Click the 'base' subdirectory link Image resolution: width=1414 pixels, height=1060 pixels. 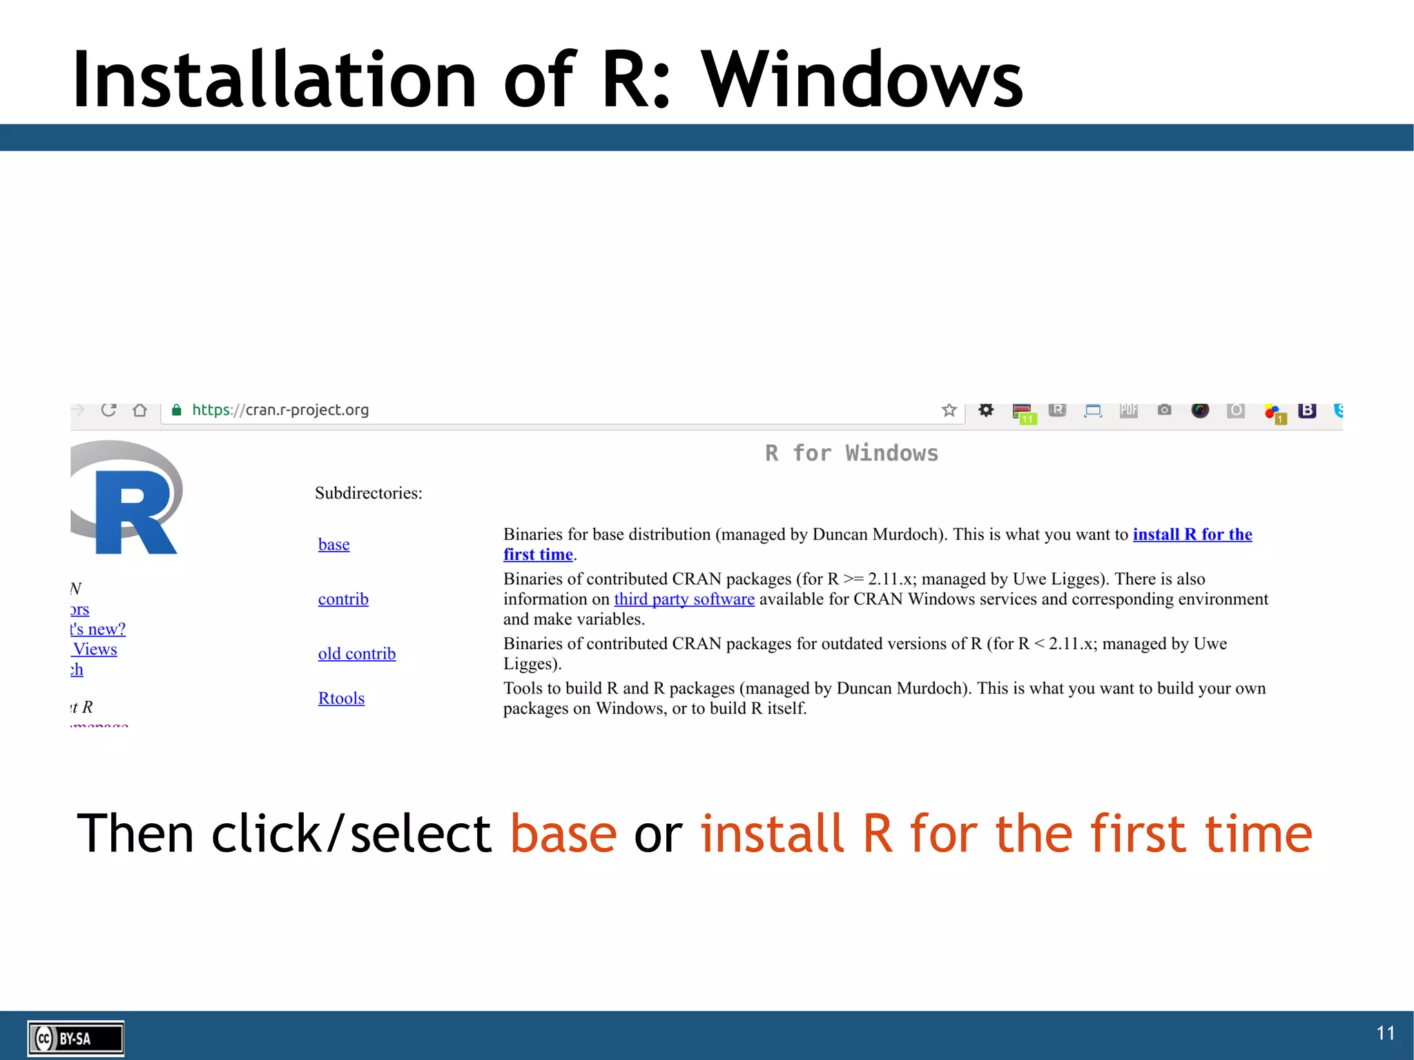click(333, 545)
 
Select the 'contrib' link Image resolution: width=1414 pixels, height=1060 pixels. click(343, 599)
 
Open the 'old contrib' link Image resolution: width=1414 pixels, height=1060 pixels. click(356, 654)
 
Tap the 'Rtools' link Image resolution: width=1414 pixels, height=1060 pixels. click(341, 698)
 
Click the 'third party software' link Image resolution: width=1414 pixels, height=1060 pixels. click(684, 599)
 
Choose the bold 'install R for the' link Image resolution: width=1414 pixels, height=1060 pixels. click(1192, 534)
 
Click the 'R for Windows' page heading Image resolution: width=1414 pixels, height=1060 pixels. click(851, 454)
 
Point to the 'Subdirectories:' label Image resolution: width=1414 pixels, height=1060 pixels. click(368, 493)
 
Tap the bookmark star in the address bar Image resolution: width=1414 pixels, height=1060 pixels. click(949, 410)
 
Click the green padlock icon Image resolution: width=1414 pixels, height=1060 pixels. click(177, 410)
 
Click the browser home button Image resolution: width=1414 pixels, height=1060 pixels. click(140, 410)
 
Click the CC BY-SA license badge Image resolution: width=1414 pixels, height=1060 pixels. click(76, 1038)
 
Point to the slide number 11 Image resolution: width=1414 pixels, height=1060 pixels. click(1385, 1033)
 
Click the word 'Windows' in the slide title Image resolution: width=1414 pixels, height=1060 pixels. click(862, 80)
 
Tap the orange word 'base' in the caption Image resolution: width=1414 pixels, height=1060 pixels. click(563, 833)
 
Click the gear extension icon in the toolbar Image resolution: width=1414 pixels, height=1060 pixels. click(986, 410)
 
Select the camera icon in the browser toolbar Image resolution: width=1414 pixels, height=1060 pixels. click(1164, 410)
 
